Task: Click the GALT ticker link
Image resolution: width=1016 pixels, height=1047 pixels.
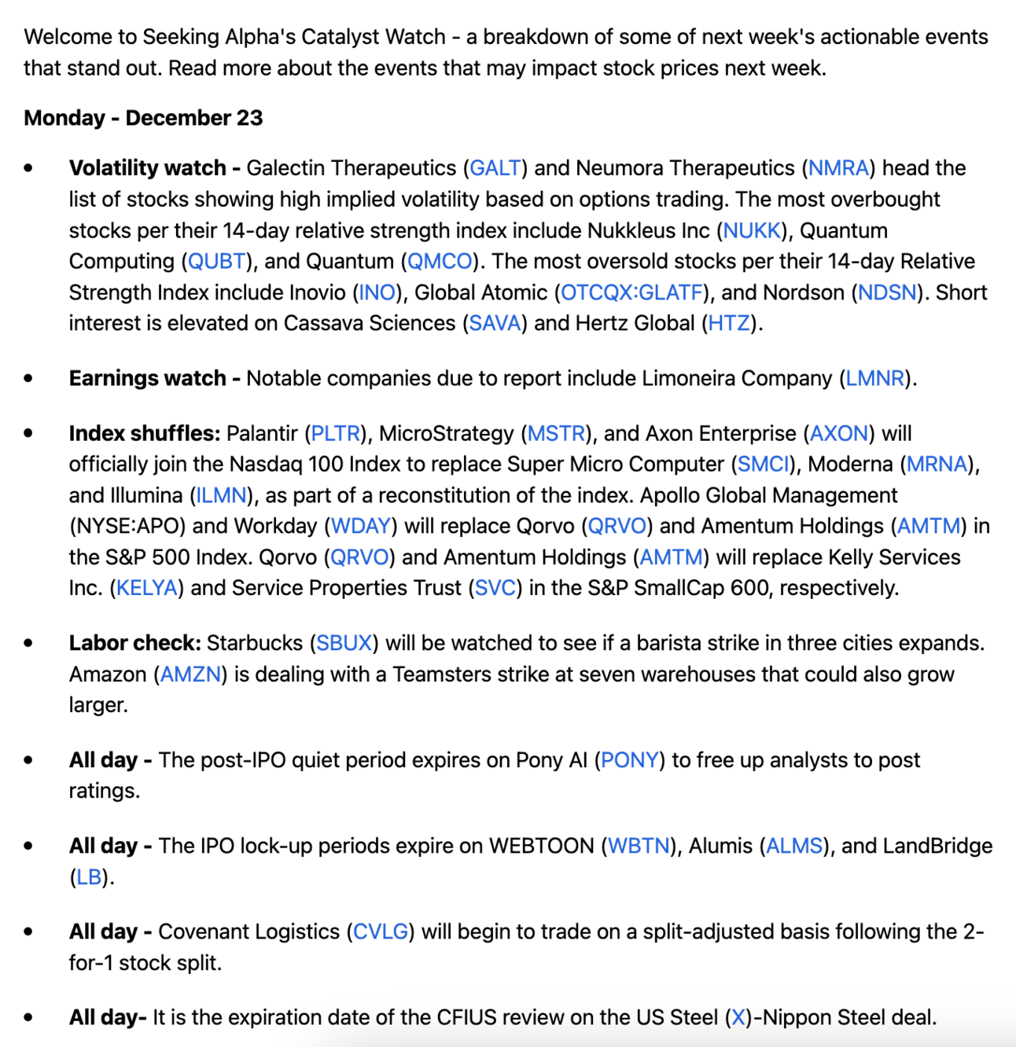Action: coord(495,168)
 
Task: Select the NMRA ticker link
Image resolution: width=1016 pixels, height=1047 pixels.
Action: coord(838,168)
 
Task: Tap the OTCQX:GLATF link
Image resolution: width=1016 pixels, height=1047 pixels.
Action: coord(632,292)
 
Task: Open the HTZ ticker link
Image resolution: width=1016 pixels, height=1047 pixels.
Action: coord(729,323)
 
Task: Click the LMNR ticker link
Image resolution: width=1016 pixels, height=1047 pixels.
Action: coord(875,378)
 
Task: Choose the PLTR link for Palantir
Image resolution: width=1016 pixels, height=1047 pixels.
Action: coord(336,433)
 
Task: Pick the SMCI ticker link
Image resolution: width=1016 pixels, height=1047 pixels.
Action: coord(763,464)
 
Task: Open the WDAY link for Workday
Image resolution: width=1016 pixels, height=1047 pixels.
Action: coord(361,526)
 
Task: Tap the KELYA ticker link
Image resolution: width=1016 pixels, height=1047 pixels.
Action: coord(147,588)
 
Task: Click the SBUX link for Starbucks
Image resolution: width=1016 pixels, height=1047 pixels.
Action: coord(344,643)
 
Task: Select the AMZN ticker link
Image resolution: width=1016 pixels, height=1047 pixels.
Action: coord(190,674)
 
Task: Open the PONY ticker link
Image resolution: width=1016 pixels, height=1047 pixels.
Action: coord(629,760)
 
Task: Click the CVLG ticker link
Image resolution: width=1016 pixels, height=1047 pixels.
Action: coord(381,931)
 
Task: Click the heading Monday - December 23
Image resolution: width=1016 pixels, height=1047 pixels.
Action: coord(143,118)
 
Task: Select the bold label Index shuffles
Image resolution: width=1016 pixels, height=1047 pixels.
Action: coord(144,433)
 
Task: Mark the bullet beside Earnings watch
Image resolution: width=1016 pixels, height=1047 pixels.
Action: coord(29,379)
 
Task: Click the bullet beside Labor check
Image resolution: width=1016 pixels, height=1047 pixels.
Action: coord(29,644)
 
